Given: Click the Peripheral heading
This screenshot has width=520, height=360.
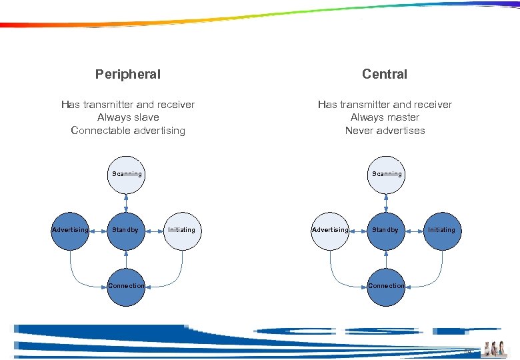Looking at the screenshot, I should point(128,74).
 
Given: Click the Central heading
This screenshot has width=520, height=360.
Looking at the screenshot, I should point(385,74).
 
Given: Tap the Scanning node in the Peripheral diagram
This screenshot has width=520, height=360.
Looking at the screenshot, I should point(126,174).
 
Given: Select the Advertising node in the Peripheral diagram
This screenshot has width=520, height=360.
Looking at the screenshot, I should point(70,230).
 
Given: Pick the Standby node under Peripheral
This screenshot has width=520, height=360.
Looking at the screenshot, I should point(126,230).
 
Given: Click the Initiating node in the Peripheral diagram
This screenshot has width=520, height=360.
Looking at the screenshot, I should point(182,230).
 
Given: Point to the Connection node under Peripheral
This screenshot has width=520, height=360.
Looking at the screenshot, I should point(126,286).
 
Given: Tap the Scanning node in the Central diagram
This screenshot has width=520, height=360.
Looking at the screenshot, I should point(386,174).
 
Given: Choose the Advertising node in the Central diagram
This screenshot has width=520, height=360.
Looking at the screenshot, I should point(330,230).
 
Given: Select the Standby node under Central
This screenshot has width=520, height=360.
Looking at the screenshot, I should point(386,230).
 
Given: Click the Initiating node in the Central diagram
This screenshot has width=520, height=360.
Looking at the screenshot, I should point(442,230).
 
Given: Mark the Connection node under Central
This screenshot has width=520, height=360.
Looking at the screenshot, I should point(386,286).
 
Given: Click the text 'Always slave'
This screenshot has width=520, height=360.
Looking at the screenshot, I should point(128,117).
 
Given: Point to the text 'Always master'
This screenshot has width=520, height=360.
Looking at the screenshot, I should point(385,117).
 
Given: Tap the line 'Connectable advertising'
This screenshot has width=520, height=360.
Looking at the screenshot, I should point(128,131).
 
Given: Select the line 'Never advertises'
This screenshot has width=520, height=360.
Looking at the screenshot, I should point(385,131).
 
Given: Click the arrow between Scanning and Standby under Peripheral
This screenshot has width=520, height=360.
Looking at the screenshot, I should point(126,202).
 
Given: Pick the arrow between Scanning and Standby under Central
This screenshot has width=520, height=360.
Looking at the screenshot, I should point(386,202).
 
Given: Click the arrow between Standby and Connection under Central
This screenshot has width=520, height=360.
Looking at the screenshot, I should point(386,258).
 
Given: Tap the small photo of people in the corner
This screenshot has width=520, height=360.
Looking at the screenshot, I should point(495,348).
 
